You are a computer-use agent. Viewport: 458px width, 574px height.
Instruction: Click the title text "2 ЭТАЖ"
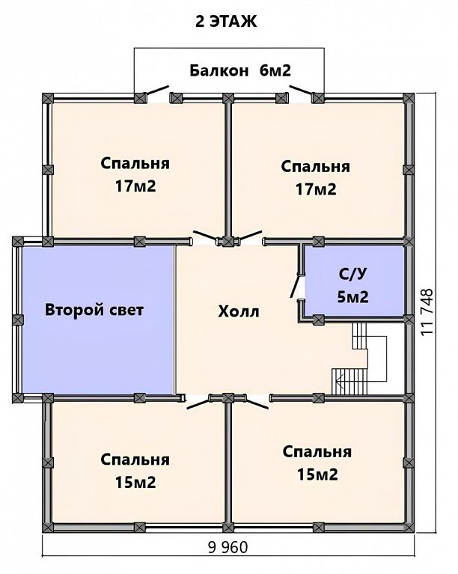226,22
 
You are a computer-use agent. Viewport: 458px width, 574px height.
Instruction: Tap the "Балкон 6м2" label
240,70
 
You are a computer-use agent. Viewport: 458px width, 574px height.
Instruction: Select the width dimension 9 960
228,547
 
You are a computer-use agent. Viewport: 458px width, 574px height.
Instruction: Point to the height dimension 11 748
427,311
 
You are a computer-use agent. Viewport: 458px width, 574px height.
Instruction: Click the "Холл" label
239,311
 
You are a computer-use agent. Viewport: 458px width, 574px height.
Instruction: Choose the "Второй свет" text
94,310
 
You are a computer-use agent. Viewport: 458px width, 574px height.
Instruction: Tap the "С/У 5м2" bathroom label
352,286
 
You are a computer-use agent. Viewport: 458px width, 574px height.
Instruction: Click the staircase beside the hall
359,358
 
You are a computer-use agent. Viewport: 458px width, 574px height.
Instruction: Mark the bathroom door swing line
294,287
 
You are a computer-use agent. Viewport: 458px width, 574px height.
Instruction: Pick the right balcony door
301,90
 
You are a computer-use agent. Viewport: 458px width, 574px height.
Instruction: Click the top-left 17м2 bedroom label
135,174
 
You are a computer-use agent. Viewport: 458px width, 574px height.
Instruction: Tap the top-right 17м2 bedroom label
316,177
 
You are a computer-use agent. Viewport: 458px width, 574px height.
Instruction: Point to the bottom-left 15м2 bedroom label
135,471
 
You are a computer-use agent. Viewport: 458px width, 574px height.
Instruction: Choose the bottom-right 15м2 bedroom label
317,463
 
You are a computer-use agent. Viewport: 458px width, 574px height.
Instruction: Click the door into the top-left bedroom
205,236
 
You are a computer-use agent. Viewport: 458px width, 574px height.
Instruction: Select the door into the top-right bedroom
251,236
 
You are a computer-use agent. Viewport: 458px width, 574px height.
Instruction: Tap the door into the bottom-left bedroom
198,404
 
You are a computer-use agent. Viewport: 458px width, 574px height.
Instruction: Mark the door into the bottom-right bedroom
257,403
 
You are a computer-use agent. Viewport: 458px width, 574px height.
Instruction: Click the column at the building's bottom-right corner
409,527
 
